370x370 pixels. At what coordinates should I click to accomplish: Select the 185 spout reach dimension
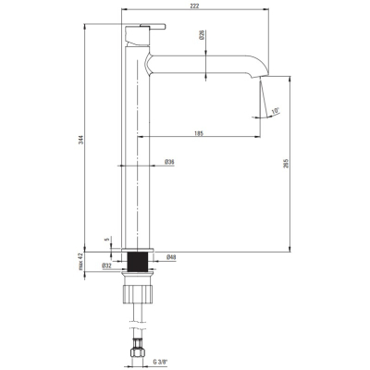tap(199, 133)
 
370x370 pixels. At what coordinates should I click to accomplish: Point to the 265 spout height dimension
tap(286, 164)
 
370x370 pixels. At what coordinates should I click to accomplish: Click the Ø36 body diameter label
tap(169, 162)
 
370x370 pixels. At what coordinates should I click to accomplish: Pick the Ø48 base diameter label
tap(171, 257)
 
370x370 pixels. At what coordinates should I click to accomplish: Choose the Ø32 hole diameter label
tap(106, 265)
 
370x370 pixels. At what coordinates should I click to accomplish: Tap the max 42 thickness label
tap(81, 262)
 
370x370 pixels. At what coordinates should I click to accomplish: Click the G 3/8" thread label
tap(162, 362)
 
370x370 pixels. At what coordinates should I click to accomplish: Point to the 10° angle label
tap(275, 110)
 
